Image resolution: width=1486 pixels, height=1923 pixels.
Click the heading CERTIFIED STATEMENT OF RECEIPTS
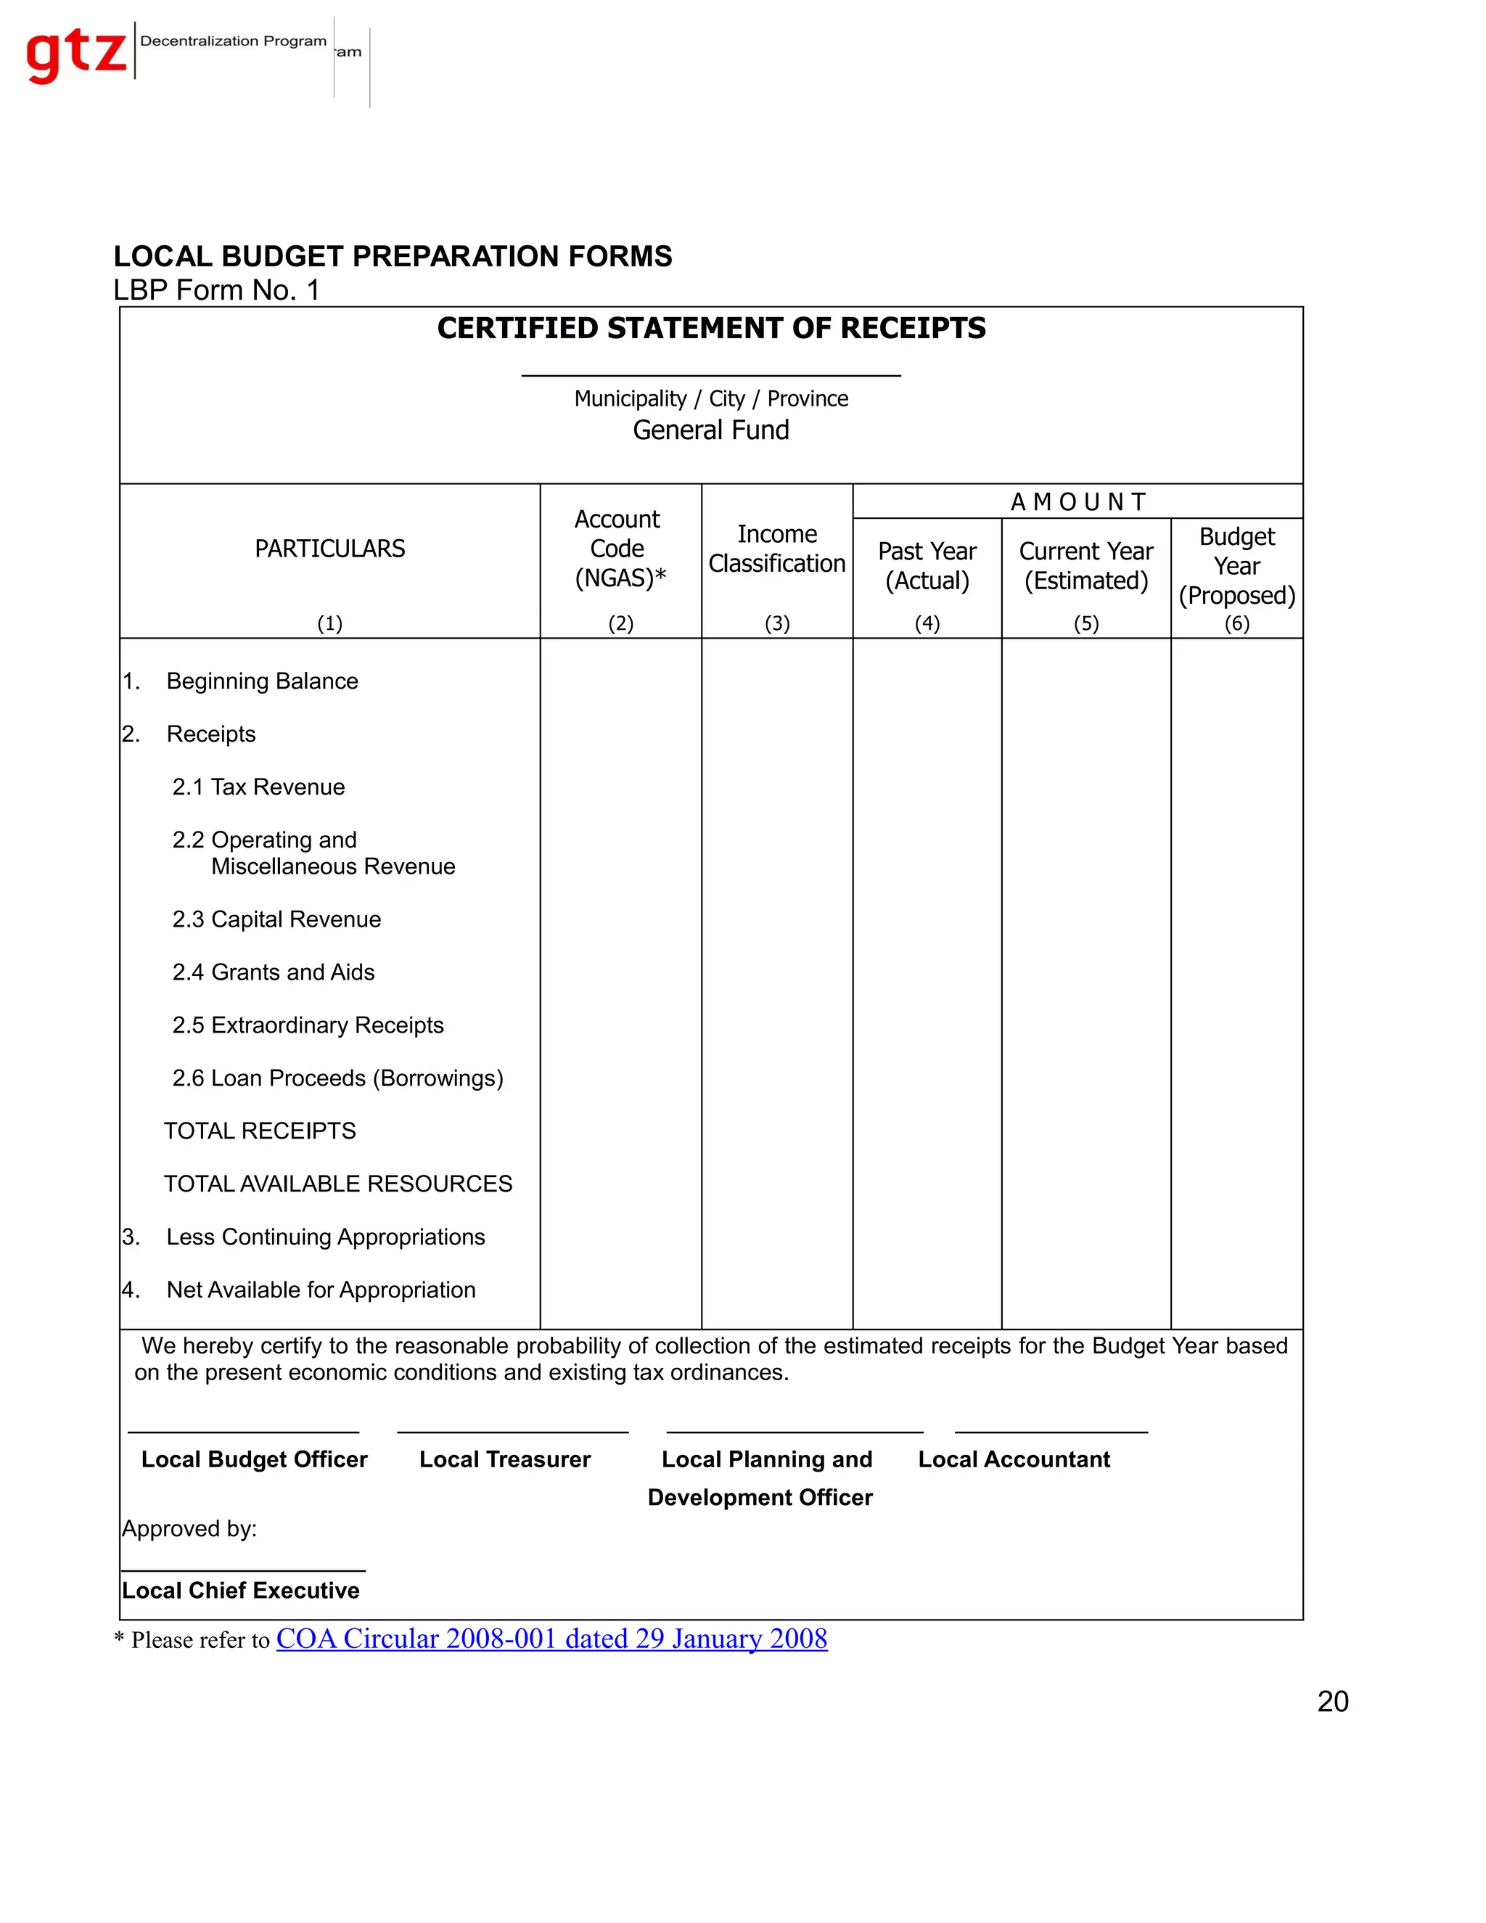tap(710, 329)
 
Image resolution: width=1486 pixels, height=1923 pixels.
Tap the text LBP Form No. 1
tap(215, 290)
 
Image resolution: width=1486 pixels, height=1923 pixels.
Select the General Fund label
tap(710, 430)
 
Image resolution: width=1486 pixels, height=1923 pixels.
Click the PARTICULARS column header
tap(329, 549)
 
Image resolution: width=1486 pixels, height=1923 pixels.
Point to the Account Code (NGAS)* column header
tap(620, 549)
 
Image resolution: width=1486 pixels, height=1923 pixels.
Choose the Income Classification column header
tap(776, 549)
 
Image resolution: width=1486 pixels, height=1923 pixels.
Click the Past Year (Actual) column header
tap(927, 565)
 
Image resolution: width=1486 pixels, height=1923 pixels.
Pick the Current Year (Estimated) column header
tap(1085, 565)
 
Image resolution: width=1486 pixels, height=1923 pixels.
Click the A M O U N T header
tap(1077, 502)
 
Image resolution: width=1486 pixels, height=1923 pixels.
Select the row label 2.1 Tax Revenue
tap(259, 787)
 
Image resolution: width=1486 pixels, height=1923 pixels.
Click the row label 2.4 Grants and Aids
tap(274, 972)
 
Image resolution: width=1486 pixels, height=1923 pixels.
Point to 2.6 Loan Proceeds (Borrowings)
tap(338, 1078)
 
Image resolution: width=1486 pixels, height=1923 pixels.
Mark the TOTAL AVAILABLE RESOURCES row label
tap(338, 1184)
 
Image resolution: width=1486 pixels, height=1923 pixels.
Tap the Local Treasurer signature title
tap(504, 1459)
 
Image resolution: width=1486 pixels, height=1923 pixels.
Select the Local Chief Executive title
tap(240, 1590)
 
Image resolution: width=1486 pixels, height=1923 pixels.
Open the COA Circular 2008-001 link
tap(551, 1639)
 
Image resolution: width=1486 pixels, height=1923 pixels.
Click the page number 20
tap(1332, 1701)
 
